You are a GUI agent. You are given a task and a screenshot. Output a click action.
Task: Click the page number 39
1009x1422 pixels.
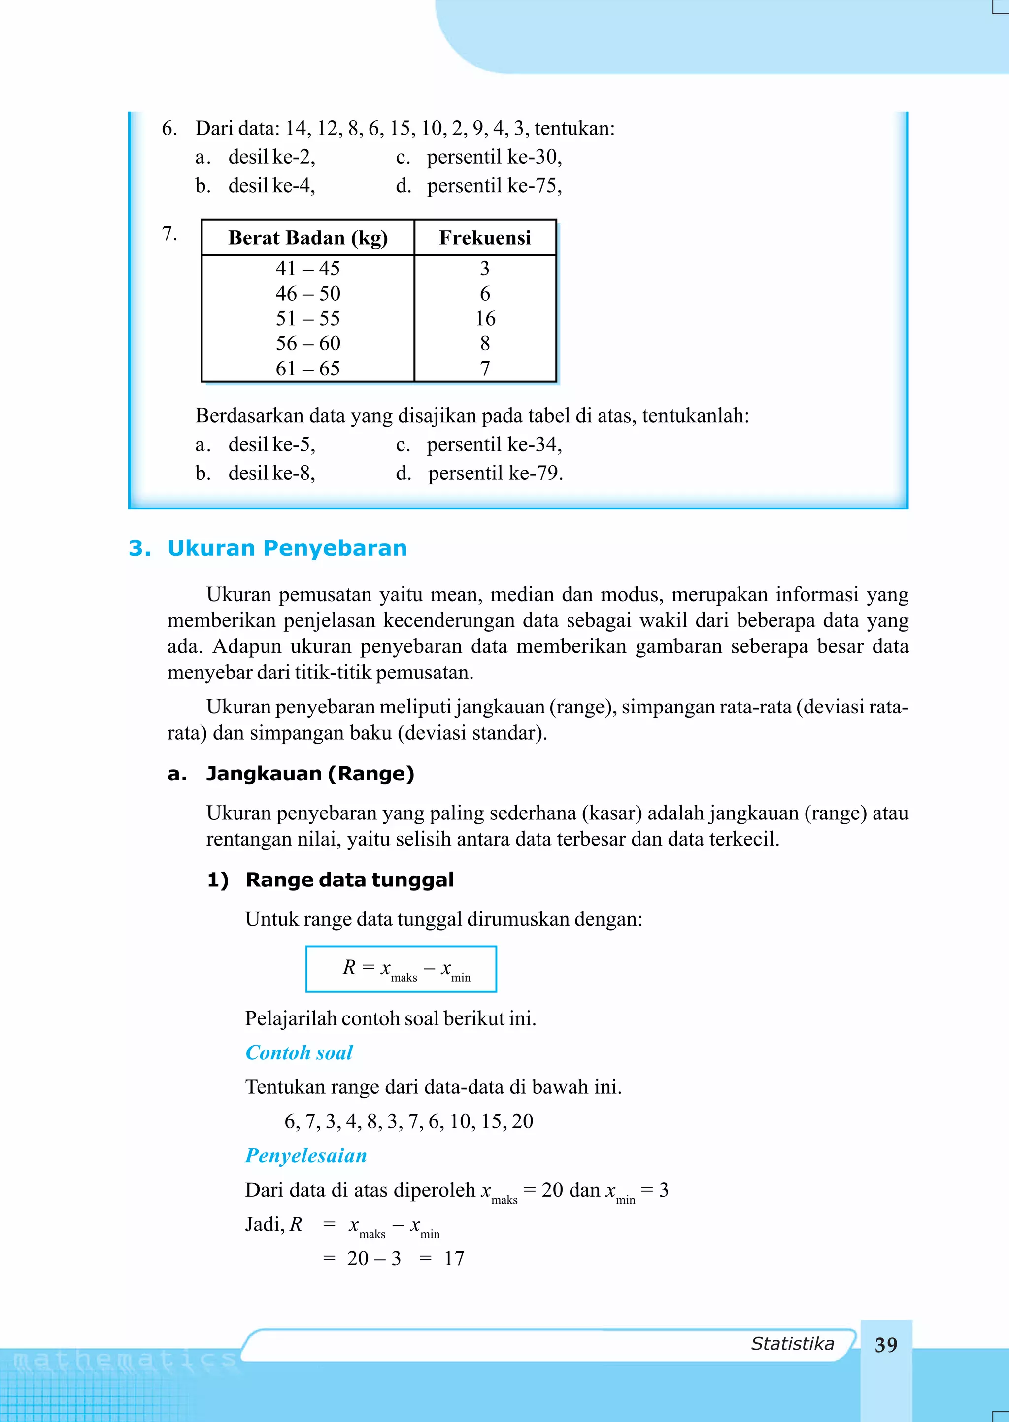pyautogui.click(x=885, y=1344)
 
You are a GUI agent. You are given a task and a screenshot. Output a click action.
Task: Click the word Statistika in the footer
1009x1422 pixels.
pyautogui.click(x=792, y=1343)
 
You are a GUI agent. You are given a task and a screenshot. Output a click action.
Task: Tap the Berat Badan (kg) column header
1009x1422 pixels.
pyautogui.click(x=307, y=238)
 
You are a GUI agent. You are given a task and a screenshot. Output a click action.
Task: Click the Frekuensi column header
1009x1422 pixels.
pyautogui.click(x=485, y=238)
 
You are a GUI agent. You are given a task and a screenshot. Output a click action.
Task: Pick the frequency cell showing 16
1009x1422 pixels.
pyautogui.click(x=485, y=319)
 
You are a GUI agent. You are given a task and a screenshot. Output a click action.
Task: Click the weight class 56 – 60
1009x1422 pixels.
pyautogui.click(x=307, y=343)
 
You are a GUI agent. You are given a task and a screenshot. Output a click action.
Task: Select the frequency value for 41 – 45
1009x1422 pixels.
pyautogui.click(x=485, y=269)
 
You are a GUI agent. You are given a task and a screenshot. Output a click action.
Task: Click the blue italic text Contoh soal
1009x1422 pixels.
pyautogui.click(x=299, y=1052)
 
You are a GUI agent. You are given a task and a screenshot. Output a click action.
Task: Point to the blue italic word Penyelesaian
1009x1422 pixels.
pyautogui.click(x=305, y=1155)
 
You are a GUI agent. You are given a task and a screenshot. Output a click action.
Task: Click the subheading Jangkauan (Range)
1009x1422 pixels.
pyautogui.click(x=309, y=774)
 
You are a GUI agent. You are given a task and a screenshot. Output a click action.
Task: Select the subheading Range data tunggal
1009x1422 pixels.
pyautogui.click(x=349, y=880)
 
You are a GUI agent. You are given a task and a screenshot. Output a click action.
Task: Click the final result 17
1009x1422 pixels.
pyautogui.click(x=454, y=1258)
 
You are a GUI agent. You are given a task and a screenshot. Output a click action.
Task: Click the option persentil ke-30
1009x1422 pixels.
pyautogui.click(x=494, y=157)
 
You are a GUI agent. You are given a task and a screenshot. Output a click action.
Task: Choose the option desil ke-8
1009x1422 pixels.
pyautogui.click(x=271, y=474)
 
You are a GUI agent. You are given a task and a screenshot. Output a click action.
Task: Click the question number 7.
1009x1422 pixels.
pyautogui.click(x=169, y=234)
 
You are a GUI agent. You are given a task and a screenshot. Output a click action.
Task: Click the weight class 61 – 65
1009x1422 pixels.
pyautogui.click(x=307, y=369)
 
